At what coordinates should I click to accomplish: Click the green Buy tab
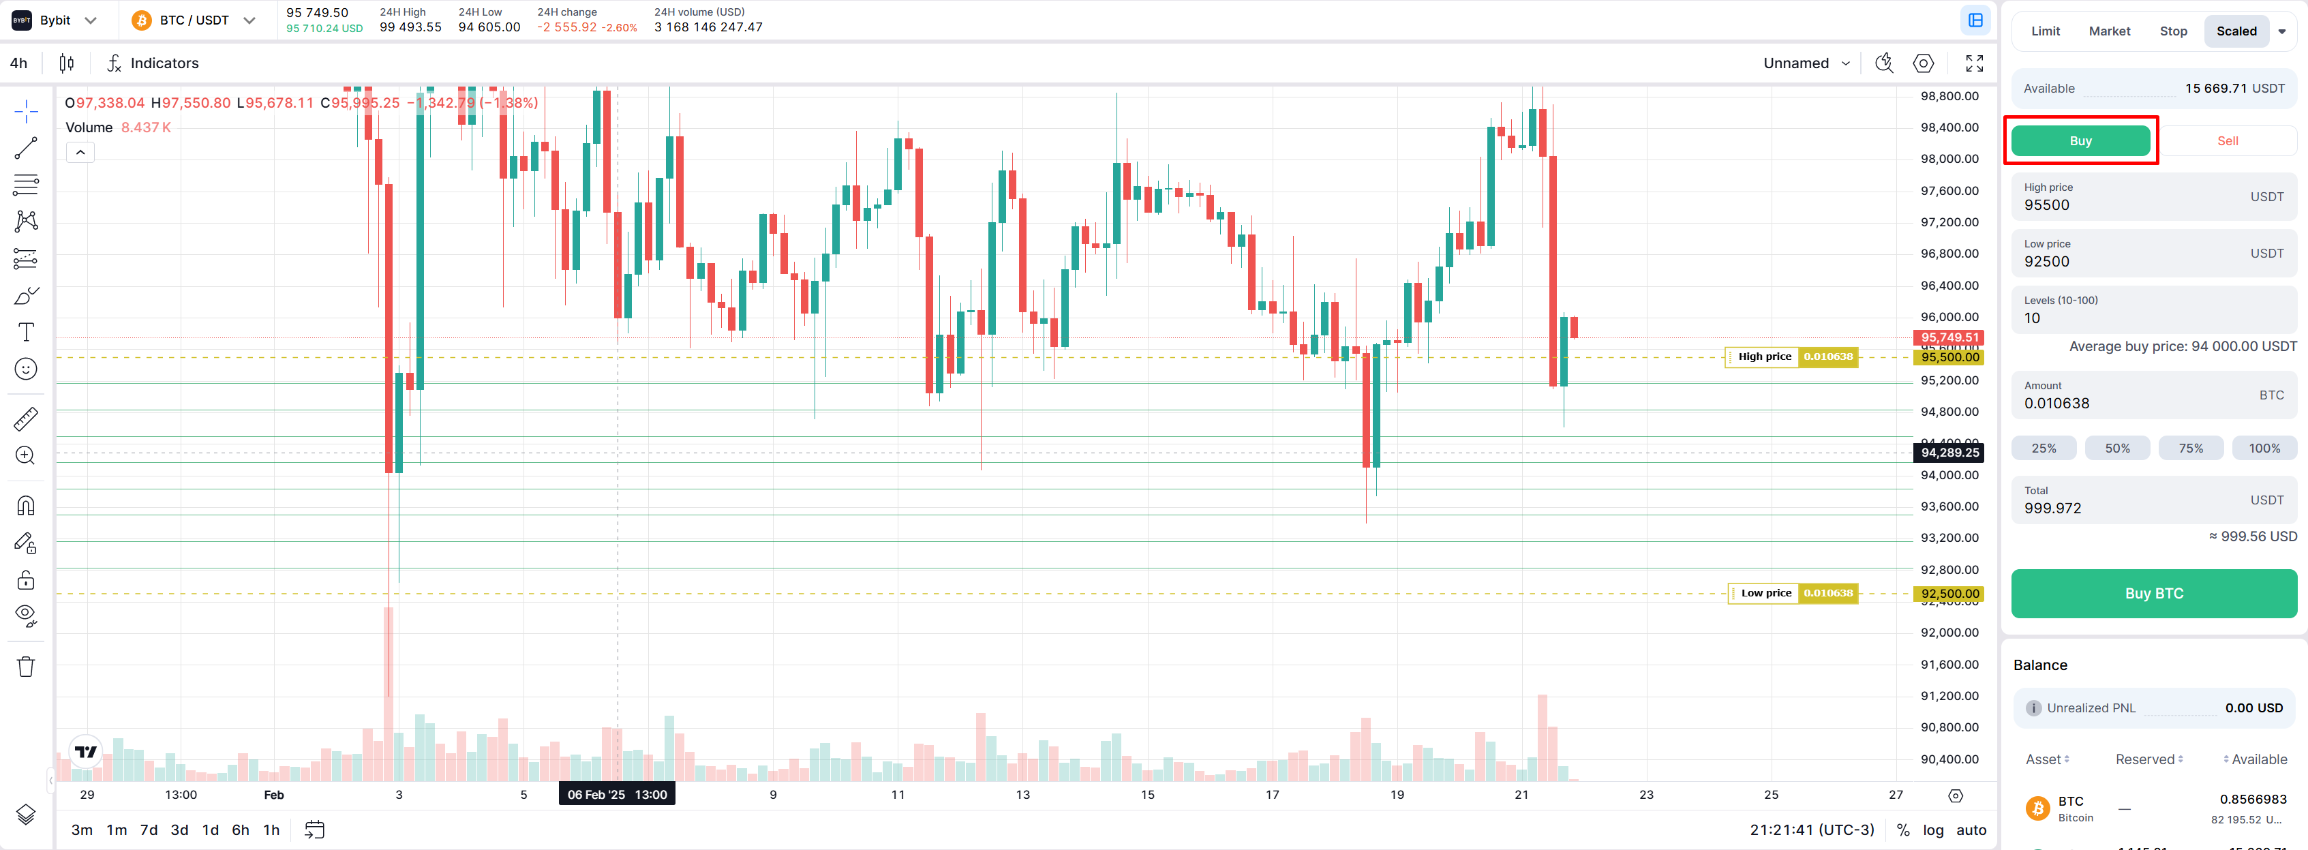pos(2080,140)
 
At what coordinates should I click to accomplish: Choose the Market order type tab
pos(2109,31)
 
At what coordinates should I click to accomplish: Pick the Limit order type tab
pos(2045,31)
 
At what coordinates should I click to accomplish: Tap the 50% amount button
pos(2116,448)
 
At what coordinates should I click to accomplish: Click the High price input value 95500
pos(2046,205)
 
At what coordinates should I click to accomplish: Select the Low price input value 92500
pos(2046,262)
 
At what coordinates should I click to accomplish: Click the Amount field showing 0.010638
pos(2056,403)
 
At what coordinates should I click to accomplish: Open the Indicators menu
pos(153,63)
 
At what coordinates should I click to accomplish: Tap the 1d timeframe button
pos(211,830)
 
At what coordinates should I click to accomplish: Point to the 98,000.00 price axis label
pos(1949,160)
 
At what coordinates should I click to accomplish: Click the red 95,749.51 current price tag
pos(1949,337)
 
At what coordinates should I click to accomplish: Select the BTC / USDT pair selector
pos(194,20)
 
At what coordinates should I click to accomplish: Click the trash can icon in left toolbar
pos(26,667)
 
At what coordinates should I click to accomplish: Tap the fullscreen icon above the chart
pos(1974,63)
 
